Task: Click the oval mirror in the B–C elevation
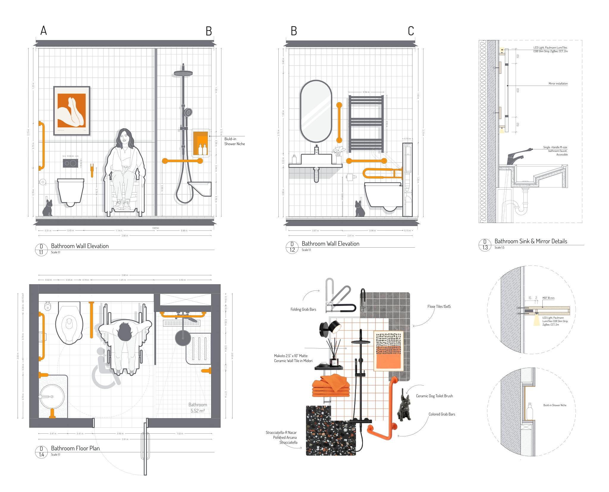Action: pos(316,111)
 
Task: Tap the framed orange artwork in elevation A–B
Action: pos(72,111)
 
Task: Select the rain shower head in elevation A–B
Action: pos(183,73)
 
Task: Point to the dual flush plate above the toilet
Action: pos(70,163)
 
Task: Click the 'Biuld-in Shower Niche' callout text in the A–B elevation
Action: pos(235,141)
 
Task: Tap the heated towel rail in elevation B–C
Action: pos(366,122)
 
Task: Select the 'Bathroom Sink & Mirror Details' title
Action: pos(530,241)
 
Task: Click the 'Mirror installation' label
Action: pos(558,84)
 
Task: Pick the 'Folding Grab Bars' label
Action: pos(303,310)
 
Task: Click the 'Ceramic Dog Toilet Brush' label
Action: pos(434,396)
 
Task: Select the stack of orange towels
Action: pos(331,386)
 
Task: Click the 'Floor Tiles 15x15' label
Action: pos(439,307)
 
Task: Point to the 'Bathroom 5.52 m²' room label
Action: pos(198,408)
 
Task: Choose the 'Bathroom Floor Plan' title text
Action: pos(75,448)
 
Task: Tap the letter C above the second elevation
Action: pos(411,31)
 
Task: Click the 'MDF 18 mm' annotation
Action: pos(548,298)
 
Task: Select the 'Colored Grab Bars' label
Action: pos(442,414)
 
